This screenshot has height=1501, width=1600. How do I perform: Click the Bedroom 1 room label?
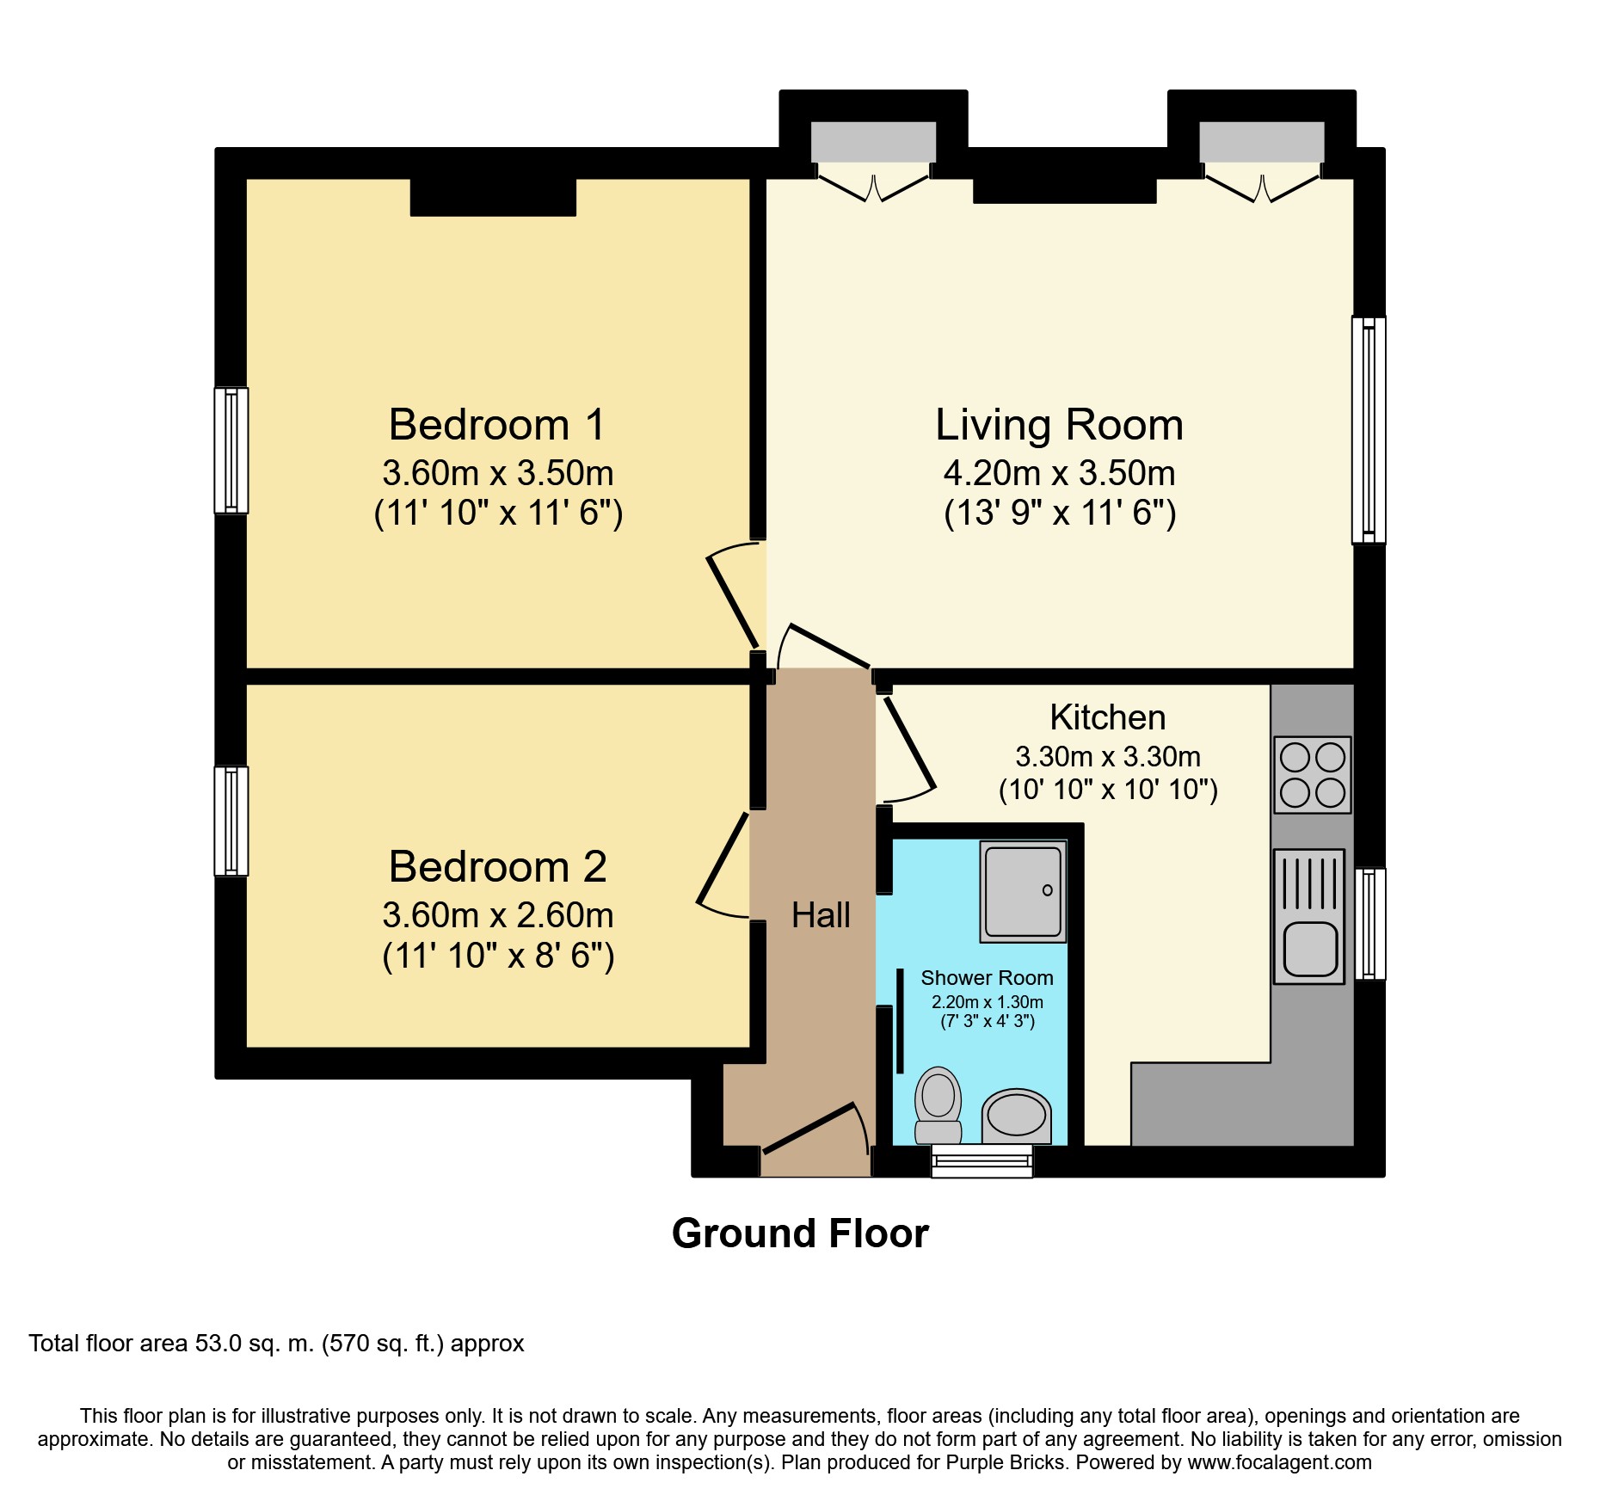point(497,425)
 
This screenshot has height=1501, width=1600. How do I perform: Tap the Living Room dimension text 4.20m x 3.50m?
point(1059,473)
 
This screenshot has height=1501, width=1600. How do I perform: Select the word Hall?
point(821,915)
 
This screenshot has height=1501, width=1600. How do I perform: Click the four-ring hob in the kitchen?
point(1312,775)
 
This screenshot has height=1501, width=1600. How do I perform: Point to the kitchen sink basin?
point(1310,949)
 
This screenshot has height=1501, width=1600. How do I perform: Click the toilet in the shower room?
point(938,1104)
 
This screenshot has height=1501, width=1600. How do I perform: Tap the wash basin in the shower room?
point(1016,1115)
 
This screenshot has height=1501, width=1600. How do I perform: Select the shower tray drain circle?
point(1047,890)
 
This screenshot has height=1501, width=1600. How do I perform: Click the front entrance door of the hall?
point(809,1128)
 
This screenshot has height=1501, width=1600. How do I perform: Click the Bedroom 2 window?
point(231,821)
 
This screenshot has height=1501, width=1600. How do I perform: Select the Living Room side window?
point(1368,430)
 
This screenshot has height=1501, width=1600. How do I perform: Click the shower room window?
point(982,1161)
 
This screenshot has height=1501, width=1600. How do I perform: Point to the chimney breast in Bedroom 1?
point(493,197)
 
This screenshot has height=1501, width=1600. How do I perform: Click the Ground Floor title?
point(800,1233)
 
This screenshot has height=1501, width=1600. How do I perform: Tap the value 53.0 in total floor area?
point(218,1344)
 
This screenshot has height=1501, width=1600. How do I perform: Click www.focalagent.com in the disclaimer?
point(1279,1462)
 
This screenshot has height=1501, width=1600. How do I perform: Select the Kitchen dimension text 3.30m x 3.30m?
point(1107,757)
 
